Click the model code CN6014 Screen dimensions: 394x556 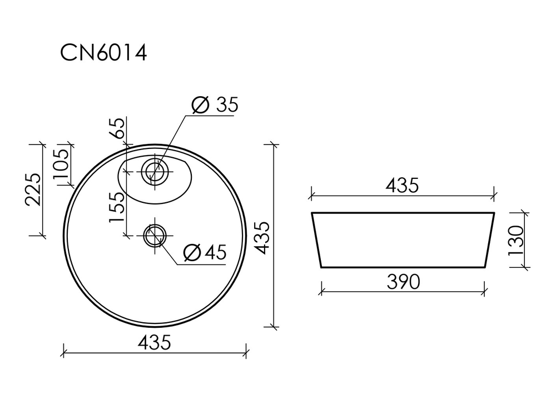103,53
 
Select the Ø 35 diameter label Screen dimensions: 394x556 214,105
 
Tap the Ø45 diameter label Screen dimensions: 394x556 205,253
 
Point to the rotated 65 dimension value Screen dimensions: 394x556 117,129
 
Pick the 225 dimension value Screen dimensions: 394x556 33,189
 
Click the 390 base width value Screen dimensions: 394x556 402,282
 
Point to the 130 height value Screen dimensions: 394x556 517,240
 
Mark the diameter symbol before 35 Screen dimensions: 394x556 199,105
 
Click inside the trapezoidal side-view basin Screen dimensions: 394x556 403,239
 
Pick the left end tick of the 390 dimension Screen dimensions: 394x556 321,288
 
